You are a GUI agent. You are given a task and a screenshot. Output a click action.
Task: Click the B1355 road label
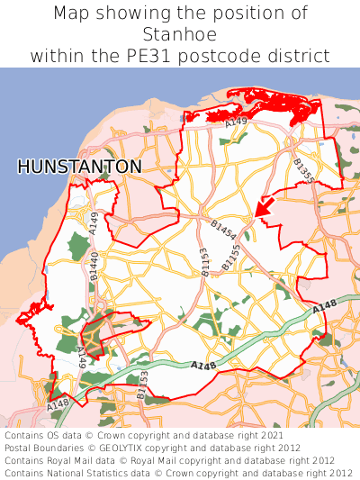pyautogui.click(x=303, y=170)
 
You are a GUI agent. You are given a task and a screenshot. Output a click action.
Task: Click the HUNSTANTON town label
pyautogui.click(x=79, y=167)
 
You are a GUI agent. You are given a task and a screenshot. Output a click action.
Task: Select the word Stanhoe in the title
pyautogui.click(x=180, y=34)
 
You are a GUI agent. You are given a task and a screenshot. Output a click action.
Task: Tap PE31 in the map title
pyautogui.click(x=181, y=56)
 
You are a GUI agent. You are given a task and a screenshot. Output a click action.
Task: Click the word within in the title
pyautogui.click(x=58, y=56)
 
